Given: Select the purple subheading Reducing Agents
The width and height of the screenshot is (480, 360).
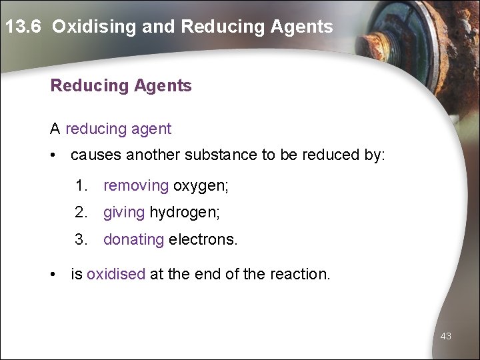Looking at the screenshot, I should pos(121,86).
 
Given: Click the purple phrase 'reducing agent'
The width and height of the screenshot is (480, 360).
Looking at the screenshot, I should pos(118,129).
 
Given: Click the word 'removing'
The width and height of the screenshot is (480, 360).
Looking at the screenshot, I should pos(136,186).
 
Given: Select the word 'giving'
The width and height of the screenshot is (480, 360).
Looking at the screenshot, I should pos(124,213).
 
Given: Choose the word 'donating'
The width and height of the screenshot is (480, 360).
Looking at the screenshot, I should pos(133,239).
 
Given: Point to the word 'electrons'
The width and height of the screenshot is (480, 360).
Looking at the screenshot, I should pos(202,239).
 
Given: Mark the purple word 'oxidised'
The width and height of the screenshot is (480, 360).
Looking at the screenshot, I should pos(115,273).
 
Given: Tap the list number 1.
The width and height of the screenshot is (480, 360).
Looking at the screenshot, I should pos(81,186).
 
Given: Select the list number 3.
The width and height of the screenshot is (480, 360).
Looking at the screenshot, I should pos(81,239).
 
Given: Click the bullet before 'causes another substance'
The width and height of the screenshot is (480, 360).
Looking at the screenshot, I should pos(53,155).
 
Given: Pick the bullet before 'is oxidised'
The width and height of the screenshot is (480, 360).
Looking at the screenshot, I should pos(53,273).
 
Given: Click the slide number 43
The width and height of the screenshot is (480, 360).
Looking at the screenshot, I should pos(445,336).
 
